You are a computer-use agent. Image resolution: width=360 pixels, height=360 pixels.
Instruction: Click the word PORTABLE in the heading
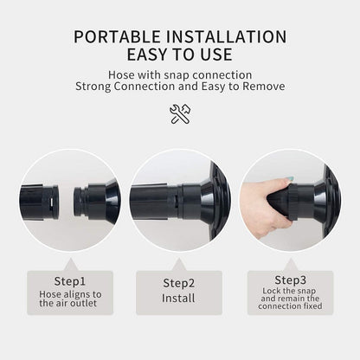click(117, 37)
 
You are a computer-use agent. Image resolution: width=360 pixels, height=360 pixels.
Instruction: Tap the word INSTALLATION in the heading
click(226, 37)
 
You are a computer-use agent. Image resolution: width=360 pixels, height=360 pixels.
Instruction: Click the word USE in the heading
click(213, 55)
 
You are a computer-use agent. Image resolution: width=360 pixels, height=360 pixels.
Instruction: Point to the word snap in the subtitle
click(177, 75)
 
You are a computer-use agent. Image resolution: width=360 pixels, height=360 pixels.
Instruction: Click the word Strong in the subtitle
click(93, 87)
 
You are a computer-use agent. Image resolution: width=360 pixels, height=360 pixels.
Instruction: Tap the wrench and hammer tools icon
click(180, 114)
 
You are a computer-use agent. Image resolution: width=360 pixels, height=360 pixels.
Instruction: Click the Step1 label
click(70, 281)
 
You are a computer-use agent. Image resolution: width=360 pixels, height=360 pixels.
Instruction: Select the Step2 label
click(179, 283)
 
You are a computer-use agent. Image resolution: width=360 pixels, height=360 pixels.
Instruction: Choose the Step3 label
click(290, 280)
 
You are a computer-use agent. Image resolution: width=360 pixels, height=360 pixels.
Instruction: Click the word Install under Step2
click(178, 298)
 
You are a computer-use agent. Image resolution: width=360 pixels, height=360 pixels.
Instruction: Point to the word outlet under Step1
click(83, 303)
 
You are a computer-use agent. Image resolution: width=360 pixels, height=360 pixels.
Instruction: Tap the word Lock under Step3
click(272, 291)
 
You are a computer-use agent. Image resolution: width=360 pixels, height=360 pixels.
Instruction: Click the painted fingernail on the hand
click(290, 179)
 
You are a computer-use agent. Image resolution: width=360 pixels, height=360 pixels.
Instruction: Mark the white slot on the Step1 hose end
click(51, 202)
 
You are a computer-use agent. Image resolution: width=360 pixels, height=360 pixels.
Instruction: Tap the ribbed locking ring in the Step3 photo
click(293, 202)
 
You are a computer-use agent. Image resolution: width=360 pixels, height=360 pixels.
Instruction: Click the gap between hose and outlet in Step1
click(66, 201)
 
